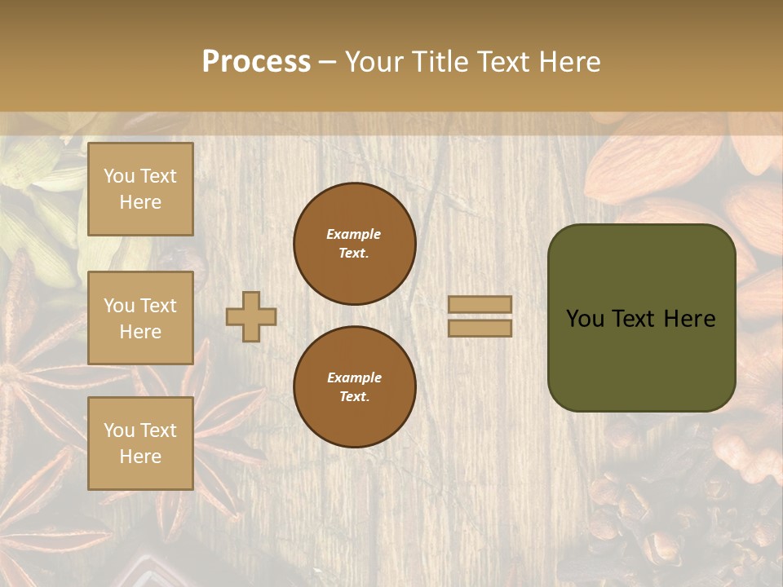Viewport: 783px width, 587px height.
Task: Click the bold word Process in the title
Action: pyautogui.click(x=256, y=62)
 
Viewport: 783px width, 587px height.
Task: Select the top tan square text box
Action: pyautogui.click(x=140, y=189)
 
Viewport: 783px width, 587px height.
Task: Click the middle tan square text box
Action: pyautogui.click(x=140, y=318)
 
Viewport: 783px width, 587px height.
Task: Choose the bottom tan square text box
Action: pyautogui.click(x=140, y=444)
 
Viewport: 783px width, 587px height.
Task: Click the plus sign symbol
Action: pyautogui.click(x=251, y=316)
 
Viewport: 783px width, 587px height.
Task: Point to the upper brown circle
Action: pyautogui.click(x=354, y=244)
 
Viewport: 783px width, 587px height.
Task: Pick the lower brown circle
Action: pyautogui.click(x=354, y=386)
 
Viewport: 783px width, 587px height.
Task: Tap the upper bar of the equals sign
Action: pyautogui.click(x=480, y=304)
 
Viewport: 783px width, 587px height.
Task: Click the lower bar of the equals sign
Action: pyautogui.click(x=480, y=328)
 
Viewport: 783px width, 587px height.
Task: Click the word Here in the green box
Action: pyautogui.click(x=689, y=319)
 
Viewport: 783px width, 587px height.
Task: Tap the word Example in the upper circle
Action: pyautogui.click(x=354, y=234)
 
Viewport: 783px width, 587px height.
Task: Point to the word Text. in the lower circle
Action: pyautogui.click(x=354, y=397)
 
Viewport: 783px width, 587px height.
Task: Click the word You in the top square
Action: pyautogui.click(x=119, y=176)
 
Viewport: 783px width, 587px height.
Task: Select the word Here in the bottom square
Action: pyautogui.click(x=140, y=457)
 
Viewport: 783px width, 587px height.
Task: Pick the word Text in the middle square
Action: pyautogui.click(x=157, y=306)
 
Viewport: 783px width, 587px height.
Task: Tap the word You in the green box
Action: pyautogui.click(x=584, y=319)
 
